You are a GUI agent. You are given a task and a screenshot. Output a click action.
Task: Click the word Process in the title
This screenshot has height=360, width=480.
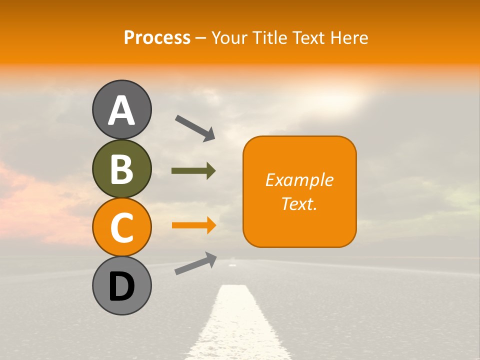157,37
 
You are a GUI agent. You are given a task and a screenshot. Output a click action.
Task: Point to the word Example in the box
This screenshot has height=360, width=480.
299,180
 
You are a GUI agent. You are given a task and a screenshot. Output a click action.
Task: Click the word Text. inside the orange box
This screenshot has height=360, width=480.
299,203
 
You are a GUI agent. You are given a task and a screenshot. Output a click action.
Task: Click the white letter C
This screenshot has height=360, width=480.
121,228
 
